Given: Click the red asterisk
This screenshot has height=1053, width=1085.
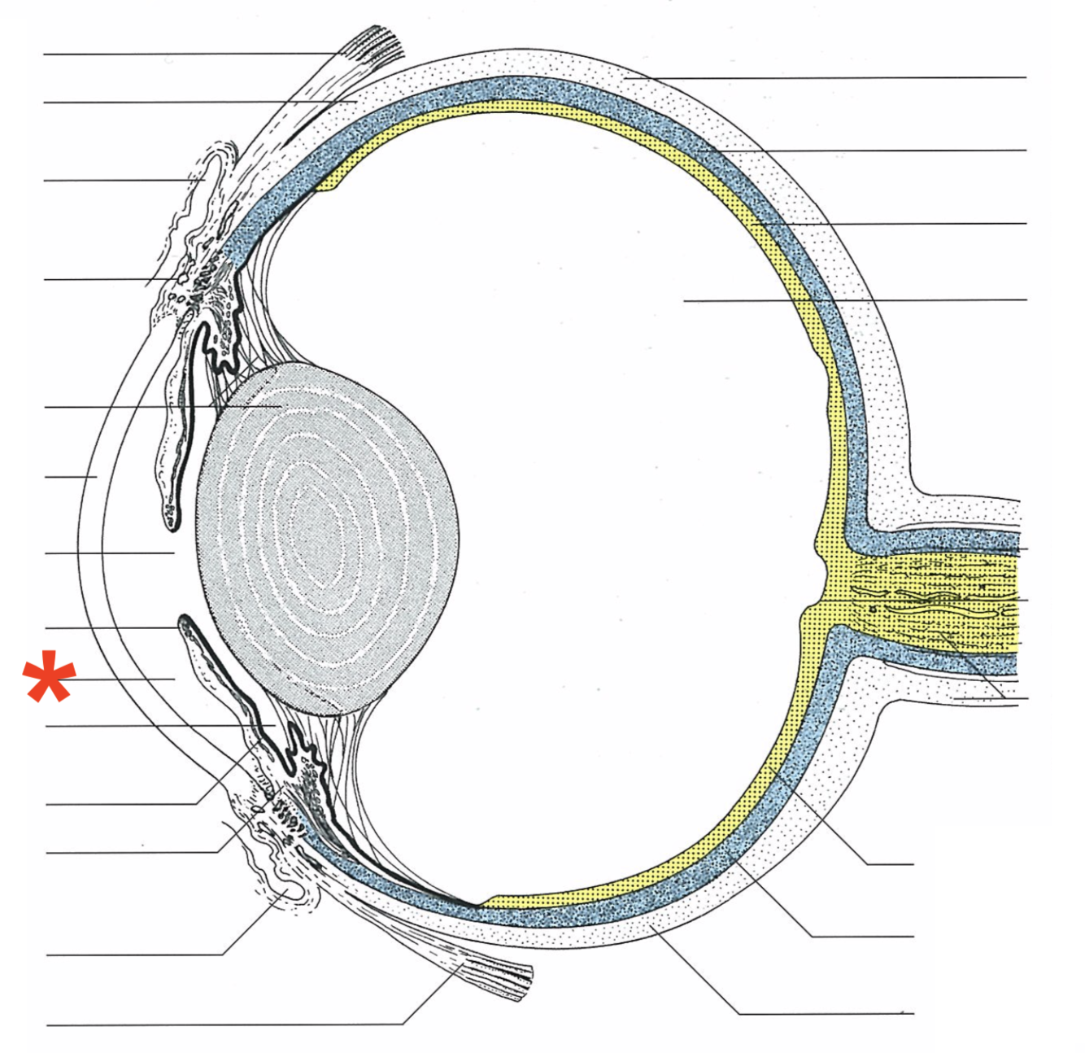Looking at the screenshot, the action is (x=50, y=676).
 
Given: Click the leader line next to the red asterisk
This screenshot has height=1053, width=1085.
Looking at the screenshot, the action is (x=122, y=679).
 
